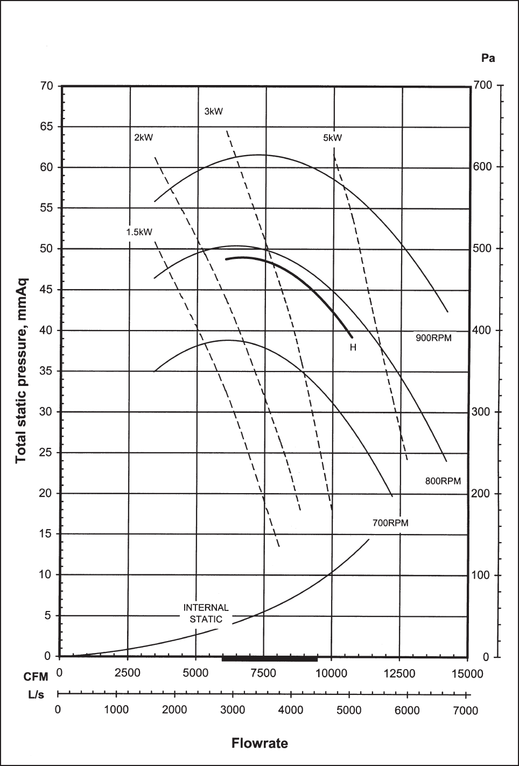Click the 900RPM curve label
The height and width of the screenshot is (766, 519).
tap(433, 338)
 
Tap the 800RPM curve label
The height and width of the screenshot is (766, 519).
tap(443, 481)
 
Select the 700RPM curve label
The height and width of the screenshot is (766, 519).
tap(390, 523)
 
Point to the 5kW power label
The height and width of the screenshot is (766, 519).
tap(332, 138)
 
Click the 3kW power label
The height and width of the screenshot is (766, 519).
tap(213, 111)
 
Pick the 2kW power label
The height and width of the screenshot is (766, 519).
tap(143, 137)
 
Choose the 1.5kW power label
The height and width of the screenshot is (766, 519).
tap(139, 233)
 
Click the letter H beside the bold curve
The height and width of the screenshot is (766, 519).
tap(353, 347)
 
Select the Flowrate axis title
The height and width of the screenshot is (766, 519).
tap(259, 743)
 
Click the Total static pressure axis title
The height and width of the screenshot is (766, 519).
tap(21, 370)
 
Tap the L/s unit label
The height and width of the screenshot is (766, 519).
tap(36, 694)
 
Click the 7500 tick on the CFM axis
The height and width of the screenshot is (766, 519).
tap(264, 673)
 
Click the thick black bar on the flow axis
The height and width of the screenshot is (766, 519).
tap(270, 658)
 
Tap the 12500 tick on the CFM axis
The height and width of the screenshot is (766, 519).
tap(399, 673)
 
